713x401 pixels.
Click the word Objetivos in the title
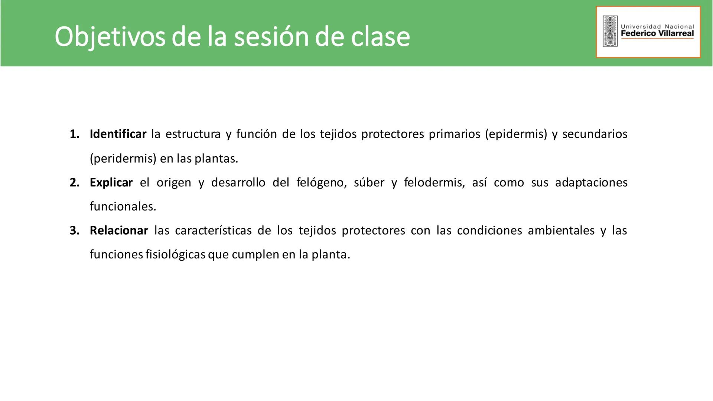pyautogui.click(x=110, y=37)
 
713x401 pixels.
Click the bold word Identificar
pyautogui.click(x=118, y=134)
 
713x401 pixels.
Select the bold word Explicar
pyautogui.click(x=111, y=183)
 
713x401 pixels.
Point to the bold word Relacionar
pyautogui.click(x=119, y=231)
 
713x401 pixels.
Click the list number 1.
pyautogui.click(x=74, y=134)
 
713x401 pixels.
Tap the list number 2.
pyautogui.click(x=74, y=183)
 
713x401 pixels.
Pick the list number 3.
pyautogui.click(x=74, y=231)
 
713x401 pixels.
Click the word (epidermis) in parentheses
pyautogui.click(x=516, y=134)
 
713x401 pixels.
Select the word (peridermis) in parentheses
pyautogui.click(x=123, y=159)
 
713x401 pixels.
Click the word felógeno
pyautogui.click(x=322, y=183)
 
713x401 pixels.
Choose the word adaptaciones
pyautogui.click(x=591, y=183)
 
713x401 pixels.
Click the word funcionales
pyautogui.click(x=123, y=206)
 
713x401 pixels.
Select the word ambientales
pyautogui.click(x=561, y=231)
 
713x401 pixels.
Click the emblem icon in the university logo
pyautogui.click(x=610, y=31)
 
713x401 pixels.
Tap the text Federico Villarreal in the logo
pyautogui.click(x=657, y=33)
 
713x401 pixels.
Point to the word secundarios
pyautogui.click(x=595, y=134)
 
